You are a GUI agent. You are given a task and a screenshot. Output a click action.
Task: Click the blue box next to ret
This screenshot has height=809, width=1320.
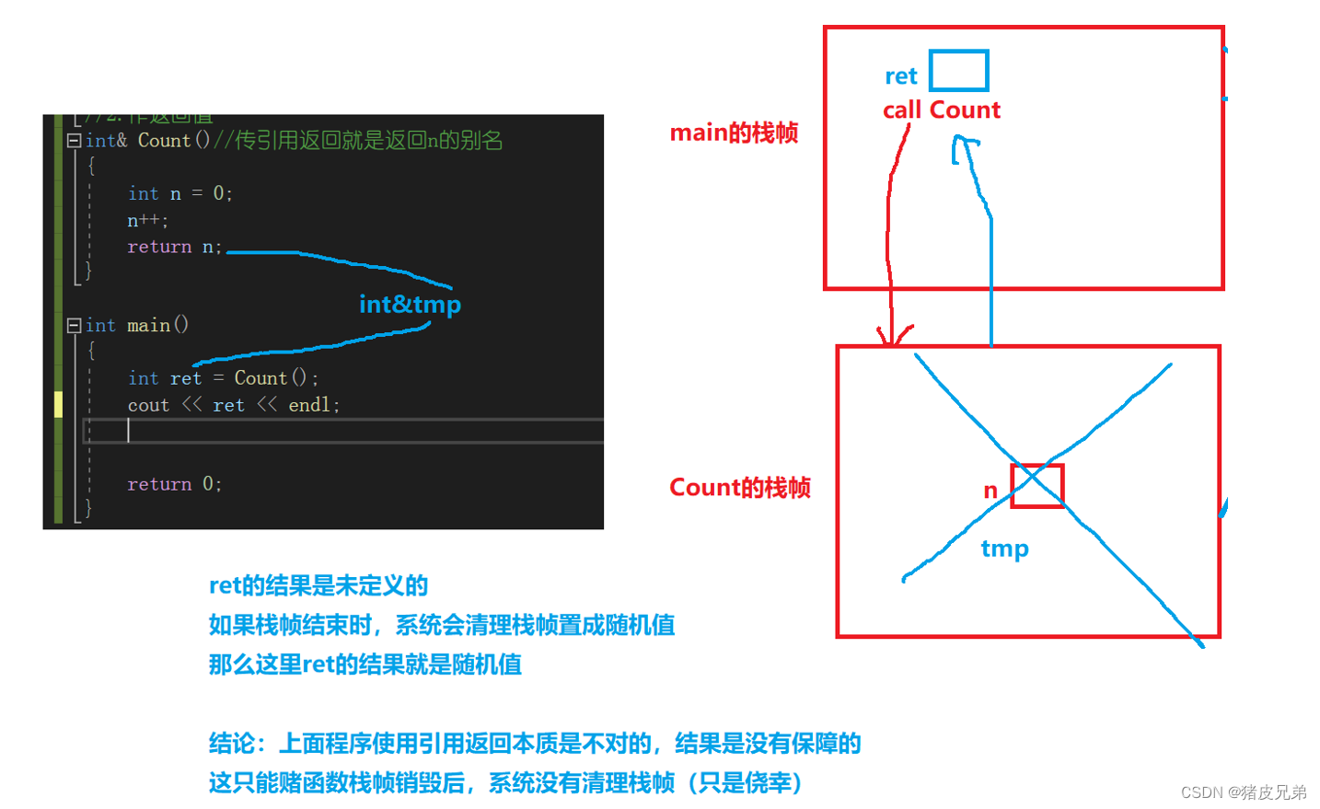958,71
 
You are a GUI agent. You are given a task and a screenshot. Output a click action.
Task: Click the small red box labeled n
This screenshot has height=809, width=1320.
1037,486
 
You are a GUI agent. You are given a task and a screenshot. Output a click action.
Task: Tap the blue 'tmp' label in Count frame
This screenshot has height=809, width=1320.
1004,549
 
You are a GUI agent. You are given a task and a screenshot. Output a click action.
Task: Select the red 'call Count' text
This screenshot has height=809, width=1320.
941,110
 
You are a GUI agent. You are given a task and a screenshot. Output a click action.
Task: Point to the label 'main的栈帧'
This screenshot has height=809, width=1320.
734,133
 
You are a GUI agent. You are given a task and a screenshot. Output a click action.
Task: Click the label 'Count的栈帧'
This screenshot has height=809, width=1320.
739,488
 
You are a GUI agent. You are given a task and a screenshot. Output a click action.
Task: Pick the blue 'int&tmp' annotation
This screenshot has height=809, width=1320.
410,305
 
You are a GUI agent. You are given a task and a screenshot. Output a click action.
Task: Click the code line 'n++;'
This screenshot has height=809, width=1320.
147,221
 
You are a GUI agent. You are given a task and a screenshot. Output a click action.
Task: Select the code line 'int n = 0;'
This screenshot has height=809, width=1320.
179,193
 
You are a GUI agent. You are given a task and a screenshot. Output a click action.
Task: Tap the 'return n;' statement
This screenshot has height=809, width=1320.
174,247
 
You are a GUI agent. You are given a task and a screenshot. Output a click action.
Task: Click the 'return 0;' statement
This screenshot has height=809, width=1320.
174,484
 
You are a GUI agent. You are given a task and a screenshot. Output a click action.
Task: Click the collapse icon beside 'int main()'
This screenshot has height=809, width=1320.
74,325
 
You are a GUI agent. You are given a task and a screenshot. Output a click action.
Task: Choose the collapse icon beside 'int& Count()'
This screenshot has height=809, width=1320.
74,141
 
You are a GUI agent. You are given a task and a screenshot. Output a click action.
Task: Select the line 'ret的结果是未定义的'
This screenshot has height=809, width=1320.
318,586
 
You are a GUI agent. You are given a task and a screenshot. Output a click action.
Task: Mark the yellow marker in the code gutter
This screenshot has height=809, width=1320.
58,404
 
